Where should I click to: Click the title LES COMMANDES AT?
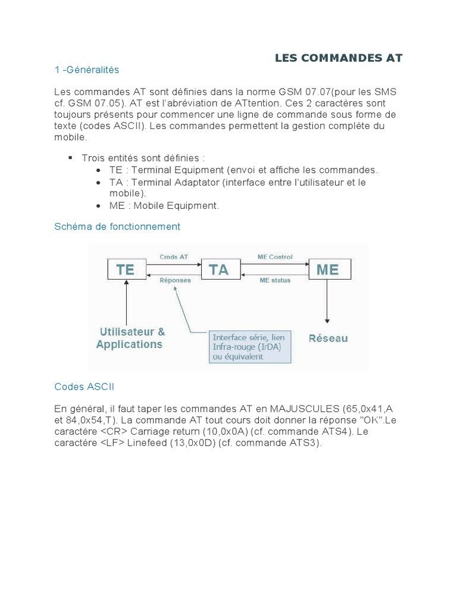tap(339, 58)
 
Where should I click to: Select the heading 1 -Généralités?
tap(87, 70)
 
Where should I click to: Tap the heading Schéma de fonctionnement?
tap(117, 227)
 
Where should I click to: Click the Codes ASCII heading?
tap(84, 387)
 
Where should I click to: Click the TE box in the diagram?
tap(126, 269)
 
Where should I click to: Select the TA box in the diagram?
tap(218, 269)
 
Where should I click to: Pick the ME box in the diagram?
tap(328, 269)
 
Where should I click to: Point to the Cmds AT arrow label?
tap(174, 258)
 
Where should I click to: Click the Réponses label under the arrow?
tap(176, 280)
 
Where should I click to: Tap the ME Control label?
tap(275, 258)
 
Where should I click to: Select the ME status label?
tap(275, 280)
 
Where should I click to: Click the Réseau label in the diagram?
tap(328, 338)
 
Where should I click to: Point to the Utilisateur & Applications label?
tap(130, 338)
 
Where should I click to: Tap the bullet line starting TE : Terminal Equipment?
tap(244, 170)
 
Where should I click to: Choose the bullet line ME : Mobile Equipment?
tap(164, 206)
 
